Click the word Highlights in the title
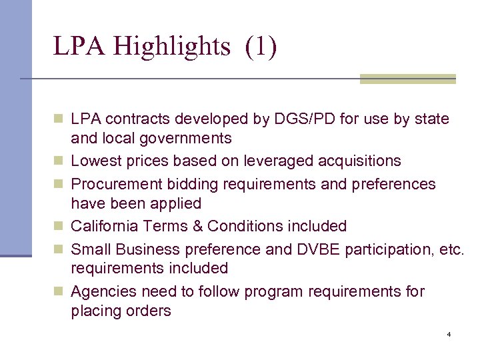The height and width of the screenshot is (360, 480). click(x=171, y=47)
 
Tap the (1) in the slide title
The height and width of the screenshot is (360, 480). click(x=261, y=47)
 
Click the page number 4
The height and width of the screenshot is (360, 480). click(x=449, y=334)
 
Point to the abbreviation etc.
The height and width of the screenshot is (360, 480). click(x=450, y=249)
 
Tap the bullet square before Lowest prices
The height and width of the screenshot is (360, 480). click(x=59, y=161)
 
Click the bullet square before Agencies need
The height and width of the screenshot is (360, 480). click(x=59, y=292)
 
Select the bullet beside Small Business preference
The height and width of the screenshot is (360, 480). click(x=59, y=250)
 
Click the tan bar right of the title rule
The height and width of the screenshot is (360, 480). click(x=407, y=79)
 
